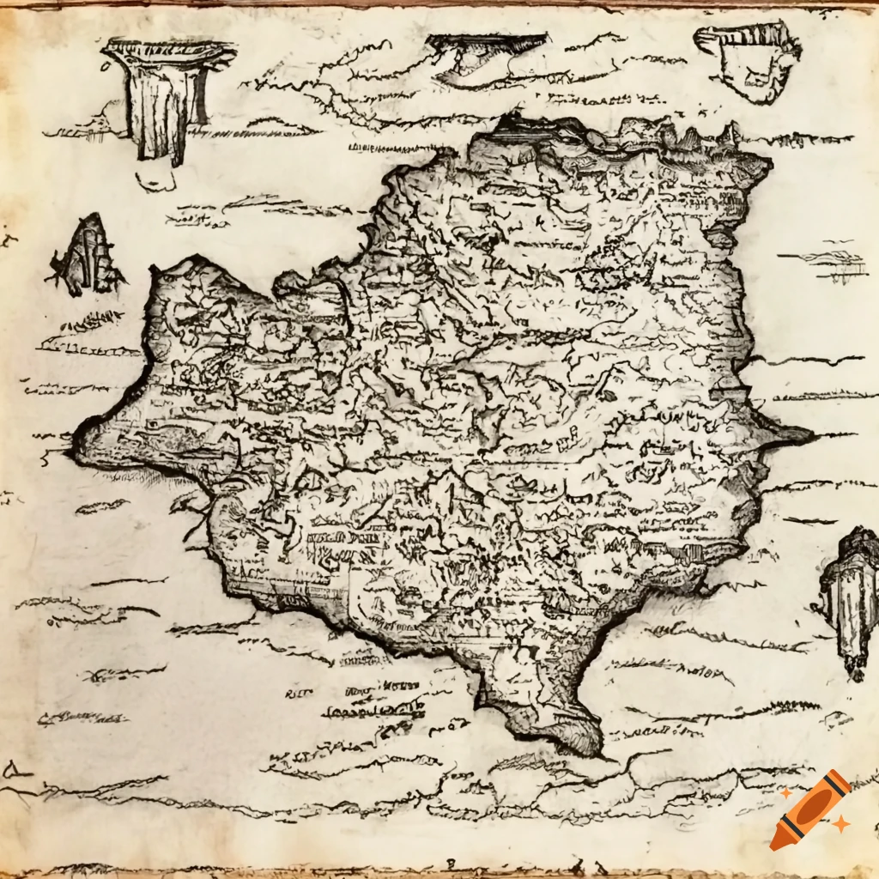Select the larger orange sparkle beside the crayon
click(x=840, y=824)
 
